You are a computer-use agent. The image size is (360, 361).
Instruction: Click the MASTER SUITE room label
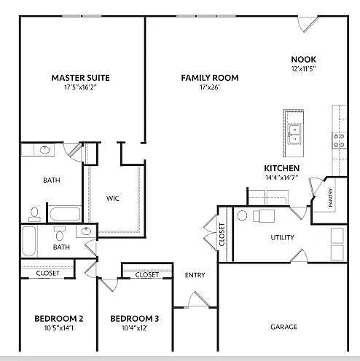point(80,77)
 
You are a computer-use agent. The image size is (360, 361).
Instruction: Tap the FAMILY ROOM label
point(210,78)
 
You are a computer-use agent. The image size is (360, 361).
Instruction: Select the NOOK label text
point(303,60)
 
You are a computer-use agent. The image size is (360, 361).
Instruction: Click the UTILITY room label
point(282,237)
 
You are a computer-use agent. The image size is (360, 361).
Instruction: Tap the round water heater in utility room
point(243,215)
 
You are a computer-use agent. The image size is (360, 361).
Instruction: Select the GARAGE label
point(283,327)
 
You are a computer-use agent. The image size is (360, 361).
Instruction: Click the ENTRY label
point(195,275)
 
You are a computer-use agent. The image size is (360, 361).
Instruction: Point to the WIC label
point(113,197)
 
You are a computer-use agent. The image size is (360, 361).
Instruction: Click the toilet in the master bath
point(34,213)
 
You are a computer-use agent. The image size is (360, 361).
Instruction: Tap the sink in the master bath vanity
point(45,151)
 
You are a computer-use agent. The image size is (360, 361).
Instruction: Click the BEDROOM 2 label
point(58,319)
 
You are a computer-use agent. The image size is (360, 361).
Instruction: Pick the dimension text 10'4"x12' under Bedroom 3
point(135,328)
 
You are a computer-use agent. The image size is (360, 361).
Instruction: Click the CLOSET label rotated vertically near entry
point(222,232)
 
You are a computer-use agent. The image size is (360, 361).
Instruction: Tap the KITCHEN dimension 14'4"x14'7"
point(281,177)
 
